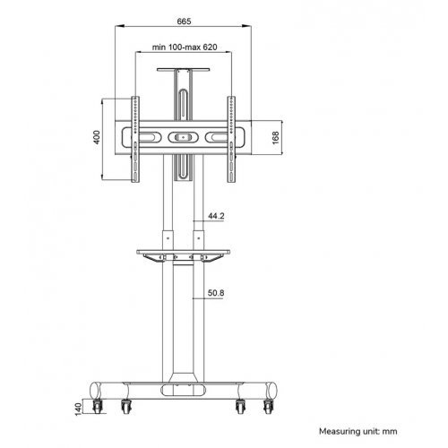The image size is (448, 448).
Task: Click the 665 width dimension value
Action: [184, 22]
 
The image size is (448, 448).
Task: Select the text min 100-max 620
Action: [185, 47]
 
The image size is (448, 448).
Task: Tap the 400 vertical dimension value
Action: [97, 137]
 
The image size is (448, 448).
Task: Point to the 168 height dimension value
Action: [275, 137]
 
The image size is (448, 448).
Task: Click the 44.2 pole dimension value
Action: [216, 216]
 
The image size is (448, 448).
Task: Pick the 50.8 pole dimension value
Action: [216, 293]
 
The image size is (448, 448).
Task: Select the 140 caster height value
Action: [78, 409]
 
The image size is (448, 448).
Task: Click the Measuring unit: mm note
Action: [358, 431]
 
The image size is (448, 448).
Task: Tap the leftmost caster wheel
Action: [97, 407]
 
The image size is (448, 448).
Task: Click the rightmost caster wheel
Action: [269, 407]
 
